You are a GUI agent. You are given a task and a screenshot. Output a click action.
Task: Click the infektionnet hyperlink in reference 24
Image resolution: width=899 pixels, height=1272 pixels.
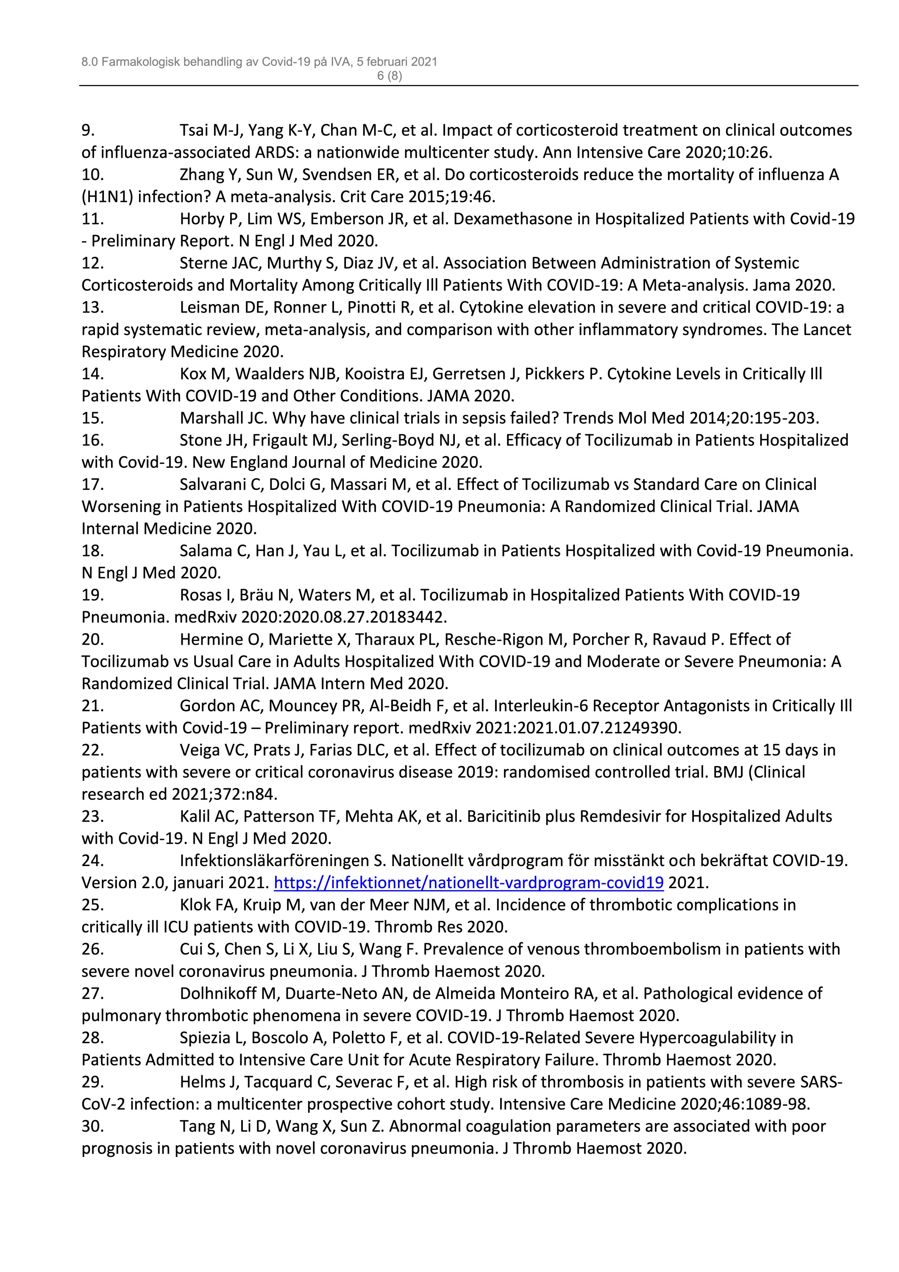[x=468, y=883]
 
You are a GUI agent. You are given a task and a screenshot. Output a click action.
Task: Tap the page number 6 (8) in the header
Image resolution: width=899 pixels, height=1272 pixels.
[x=389, y=76]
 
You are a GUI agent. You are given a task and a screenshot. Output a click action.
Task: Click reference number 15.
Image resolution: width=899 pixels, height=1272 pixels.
[x=93, y=418]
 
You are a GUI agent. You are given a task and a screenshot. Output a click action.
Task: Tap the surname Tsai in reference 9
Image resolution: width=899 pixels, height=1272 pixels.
[x=195, y=130]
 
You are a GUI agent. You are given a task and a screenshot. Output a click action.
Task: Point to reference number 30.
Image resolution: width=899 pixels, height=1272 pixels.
[x=93, y=1126]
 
